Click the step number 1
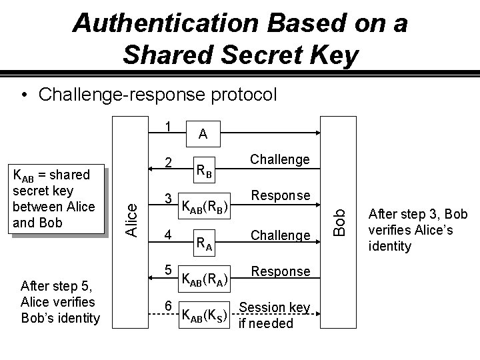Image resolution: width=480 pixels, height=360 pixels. click(x=169, y=126)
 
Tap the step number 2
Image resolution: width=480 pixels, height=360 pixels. click(x=169, y=163)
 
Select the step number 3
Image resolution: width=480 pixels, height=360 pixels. click(x=169, y=199)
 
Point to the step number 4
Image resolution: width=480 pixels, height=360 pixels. click(x=169, y=235)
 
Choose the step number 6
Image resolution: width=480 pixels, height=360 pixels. click(x=169, y=305)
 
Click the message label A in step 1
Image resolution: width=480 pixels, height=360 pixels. click(x=203, y=135)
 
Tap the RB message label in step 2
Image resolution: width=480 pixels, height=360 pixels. click(x=203, y=171)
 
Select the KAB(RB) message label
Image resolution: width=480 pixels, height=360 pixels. click(x=205, y=207)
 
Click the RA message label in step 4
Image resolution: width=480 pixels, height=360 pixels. click(x=203, y=243)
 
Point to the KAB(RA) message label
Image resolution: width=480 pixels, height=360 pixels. click(x=205, y=279)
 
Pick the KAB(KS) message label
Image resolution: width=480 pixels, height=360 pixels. click(x=205, y=315)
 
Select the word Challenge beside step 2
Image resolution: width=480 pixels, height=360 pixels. click(x=280, y=159)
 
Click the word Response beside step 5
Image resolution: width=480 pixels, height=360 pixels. click(x=281, y=271)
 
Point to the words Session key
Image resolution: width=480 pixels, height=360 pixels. click(x=275, y=307)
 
